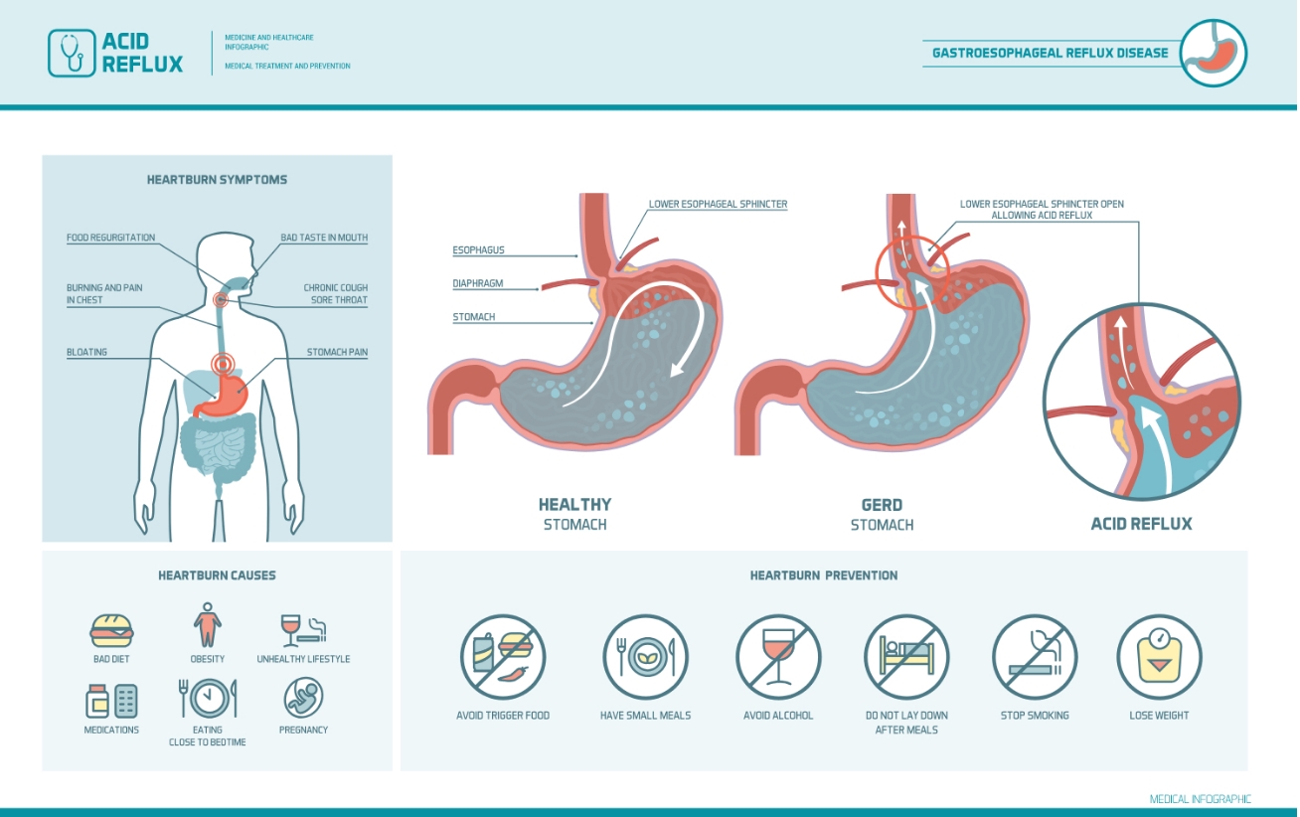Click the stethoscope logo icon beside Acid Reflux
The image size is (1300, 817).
click(72, 53)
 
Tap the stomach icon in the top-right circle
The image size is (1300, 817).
click(1213, 53)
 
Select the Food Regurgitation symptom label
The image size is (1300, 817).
click(111, 238)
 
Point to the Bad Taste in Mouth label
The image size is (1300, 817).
click(324, 238)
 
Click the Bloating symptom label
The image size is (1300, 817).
click(86, 352)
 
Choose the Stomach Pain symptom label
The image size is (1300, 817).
click(337, 352)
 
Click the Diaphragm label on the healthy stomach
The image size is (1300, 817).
click(478, 283)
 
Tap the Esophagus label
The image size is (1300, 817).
click(478, 250)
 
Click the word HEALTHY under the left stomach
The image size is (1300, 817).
click(574, 504)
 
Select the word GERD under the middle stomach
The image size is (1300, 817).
click(882, 505)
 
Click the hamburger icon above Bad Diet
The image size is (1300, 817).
click(111, 631)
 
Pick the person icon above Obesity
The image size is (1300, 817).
click(207, 625)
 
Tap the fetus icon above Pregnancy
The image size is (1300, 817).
click(303, 697)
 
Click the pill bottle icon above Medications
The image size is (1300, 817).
click(97, 701)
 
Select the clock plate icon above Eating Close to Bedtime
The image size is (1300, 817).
click(208, 698)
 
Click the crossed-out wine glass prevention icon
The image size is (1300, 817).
click(778, 657)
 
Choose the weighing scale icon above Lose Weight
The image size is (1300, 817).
click(1159, 657)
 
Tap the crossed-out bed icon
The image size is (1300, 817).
click(906, 657)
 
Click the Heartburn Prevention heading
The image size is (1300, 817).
click(824, 575)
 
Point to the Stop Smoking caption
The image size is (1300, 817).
click(1035, 716)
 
